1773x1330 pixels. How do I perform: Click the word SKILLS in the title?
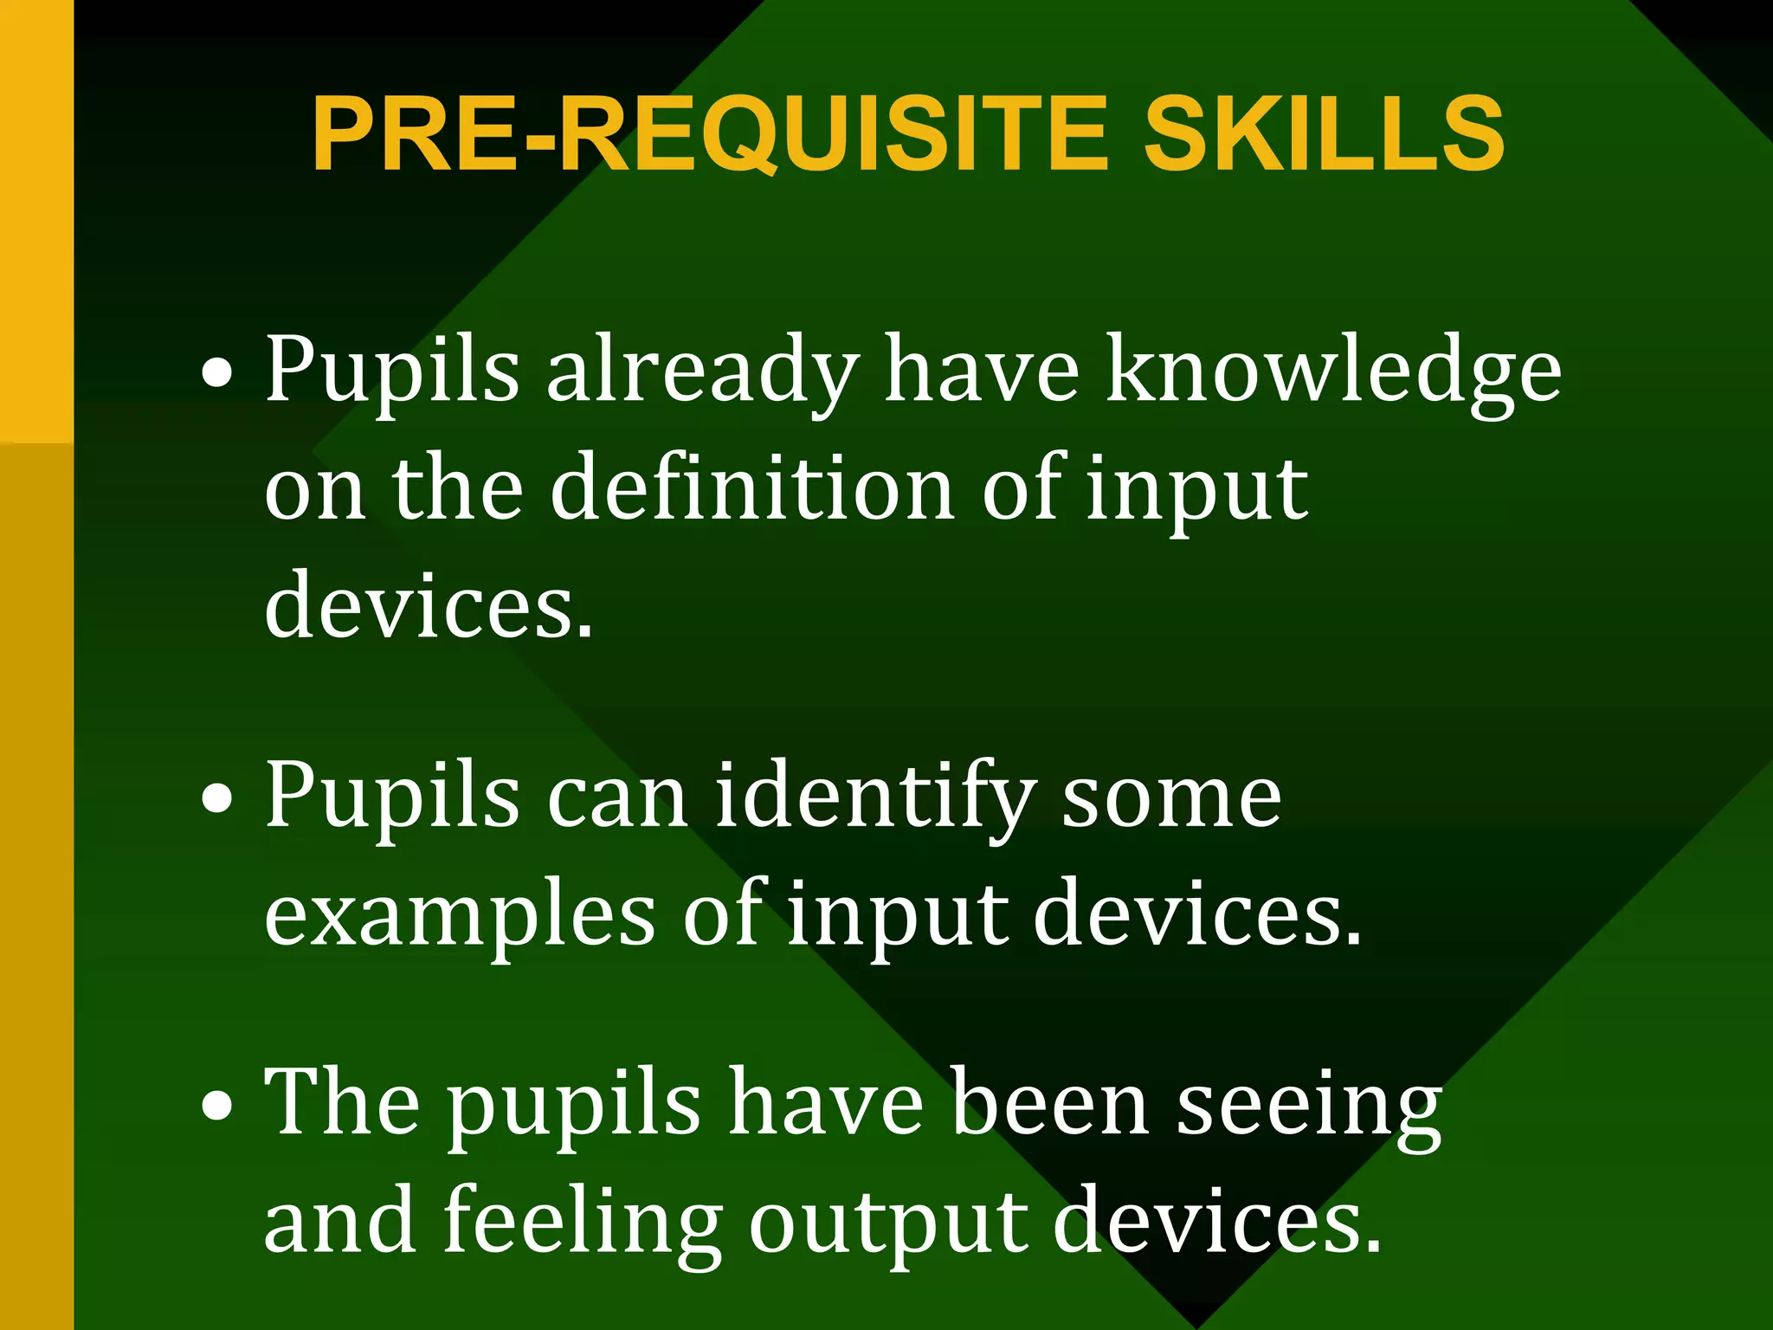(1324, 134)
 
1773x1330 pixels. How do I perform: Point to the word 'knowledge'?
(1334, 372)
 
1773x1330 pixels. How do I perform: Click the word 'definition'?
(752, 489)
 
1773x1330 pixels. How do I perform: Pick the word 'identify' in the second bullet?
(875, 797)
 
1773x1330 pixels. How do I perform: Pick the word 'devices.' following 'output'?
(1216, 1221)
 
